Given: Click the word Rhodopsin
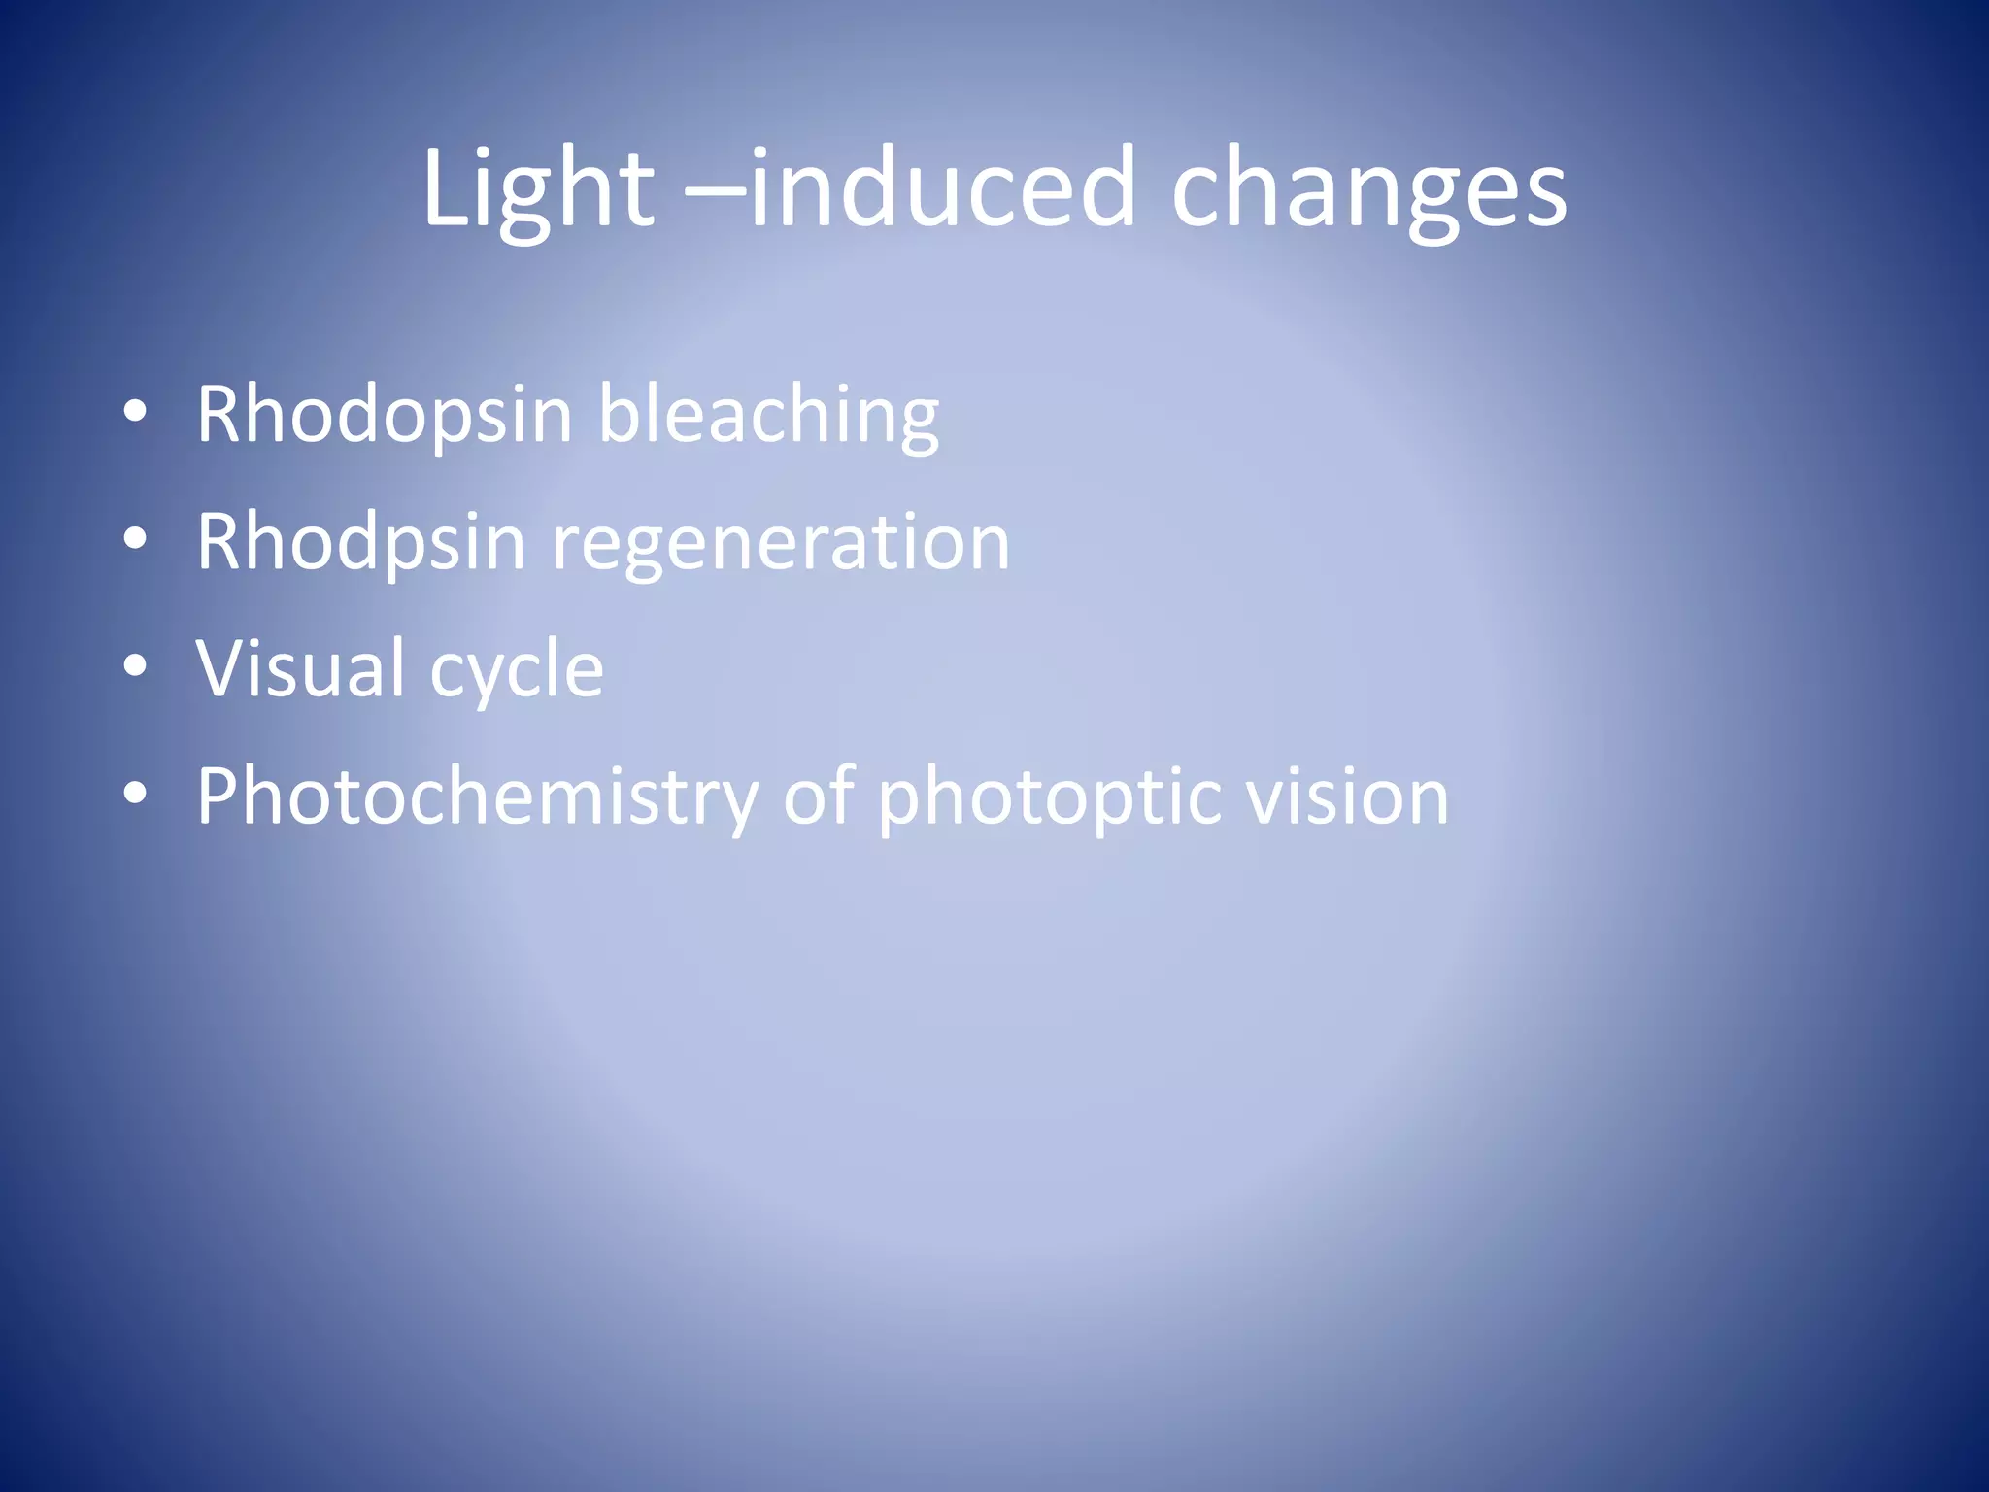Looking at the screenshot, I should coord(386,416).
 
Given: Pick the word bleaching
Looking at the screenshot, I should coord(768,416).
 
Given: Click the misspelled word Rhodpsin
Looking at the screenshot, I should coord(361,544).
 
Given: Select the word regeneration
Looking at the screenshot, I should coord(781,544).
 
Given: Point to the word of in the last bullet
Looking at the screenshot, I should coord(818,797).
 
